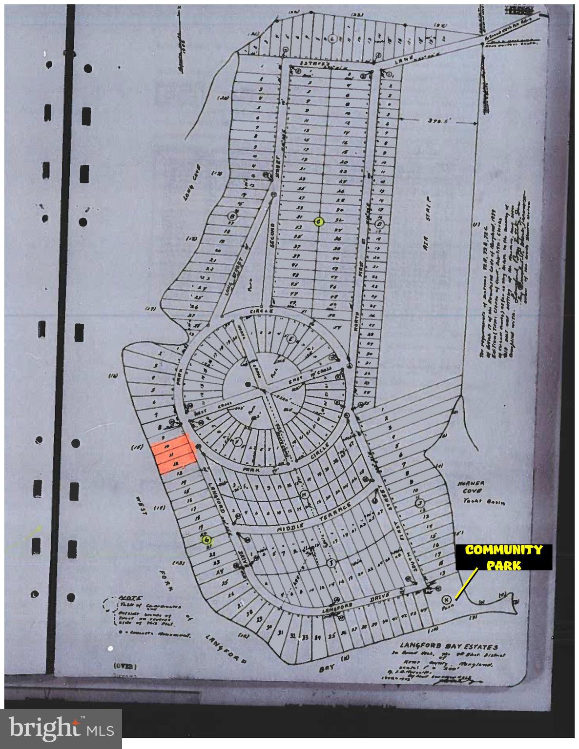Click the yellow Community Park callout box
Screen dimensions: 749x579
point(504,557)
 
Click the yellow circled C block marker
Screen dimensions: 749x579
point(318,222)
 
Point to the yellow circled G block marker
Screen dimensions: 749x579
point(207,540)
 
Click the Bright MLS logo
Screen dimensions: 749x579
point(61,729)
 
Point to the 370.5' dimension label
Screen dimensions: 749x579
point(437,120)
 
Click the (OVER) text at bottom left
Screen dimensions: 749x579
point(125,666)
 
